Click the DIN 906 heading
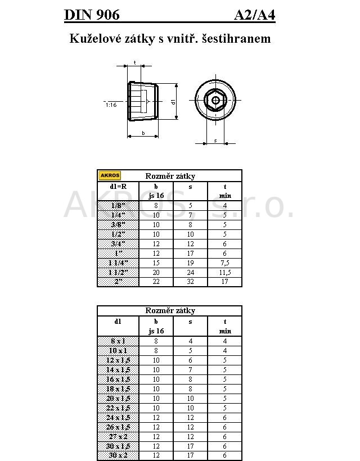(92, 15)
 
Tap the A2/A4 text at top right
(255, 15)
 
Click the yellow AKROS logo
(110, 175)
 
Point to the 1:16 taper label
(111, 105)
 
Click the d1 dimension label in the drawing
(173, 102)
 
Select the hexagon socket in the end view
(215, 100)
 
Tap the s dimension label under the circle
(215, 141)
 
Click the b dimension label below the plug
(143, 133)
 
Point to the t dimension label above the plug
(134, 62)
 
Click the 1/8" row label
(118, 206)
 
